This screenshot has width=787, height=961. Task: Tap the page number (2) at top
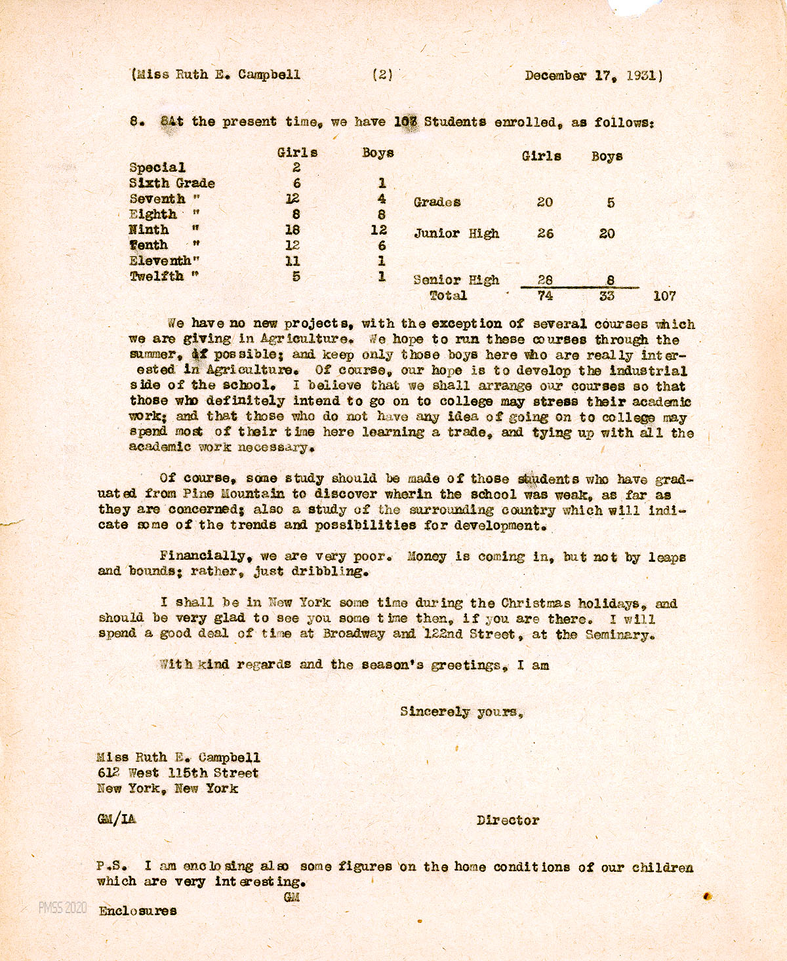[x=382, y=75]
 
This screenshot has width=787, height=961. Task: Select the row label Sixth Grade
[x=172, y=184]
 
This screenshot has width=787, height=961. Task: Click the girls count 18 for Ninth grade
[x=293, y=230]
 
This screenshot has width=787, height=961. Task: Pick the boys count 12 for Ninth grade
[x=378, y=230]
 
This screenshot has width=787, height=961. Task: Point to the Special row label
[x=157, y=168]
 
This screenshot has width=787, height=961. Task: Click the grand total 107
[x=664, y=296]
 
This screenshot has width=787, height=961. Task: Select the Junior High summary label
[x=456, y=233]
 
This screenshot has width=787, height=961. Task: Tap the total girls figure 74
[x=545, y=296]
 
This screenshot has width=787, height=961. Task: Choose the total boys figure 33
[x=607, y=296]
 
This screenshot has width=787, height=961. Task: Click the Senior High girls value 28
[x=545, y=280]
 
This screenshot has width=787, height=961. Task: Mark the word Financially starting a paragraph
[x=203, y=556]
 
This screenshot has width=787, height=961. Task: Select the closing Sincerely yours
[x=461, y=711]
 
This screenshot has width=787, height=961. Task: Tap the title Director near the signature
[x=508, y=820]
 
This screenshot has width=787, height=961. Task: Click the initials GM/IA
[x=117, y=819]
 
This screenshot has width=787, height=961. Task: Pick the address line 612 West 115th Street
[x=177, y=774]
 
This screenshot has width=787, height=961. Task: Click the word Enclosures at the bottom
[x=137, y=911]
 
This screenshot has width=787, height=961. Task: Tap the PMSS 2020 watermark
[x=62, y=908]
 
